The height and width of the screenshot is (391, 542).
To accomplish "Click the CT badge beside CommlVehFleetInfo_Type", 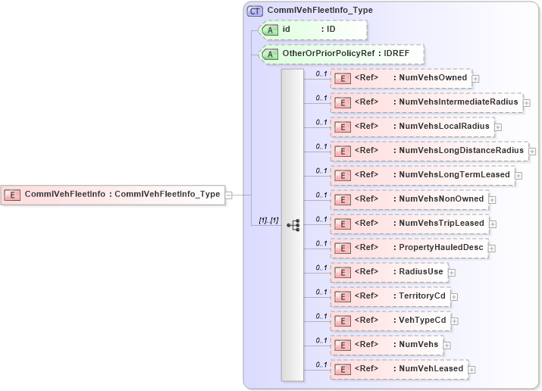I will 255,11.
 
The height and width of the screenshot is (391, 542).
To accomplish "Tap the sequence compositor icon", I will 293,225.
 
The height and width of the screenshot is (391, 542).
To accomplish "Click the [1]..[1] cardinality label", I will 268,221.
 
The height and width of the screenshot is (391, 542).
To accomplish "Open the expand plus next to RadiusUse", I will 452,272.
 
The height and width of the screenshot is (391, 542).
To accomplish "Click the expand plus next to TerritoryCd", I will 454,296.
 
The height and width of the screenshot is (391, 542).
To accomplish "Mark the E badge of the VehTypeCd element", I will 343,321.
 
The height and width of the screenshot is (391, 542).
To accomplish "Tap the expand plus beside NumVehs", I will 447,345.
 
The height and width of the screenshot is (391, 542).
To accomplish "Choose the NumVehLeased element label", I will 430,369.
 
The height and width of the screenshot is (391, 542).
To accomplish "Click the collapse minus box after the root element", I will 228,194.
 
